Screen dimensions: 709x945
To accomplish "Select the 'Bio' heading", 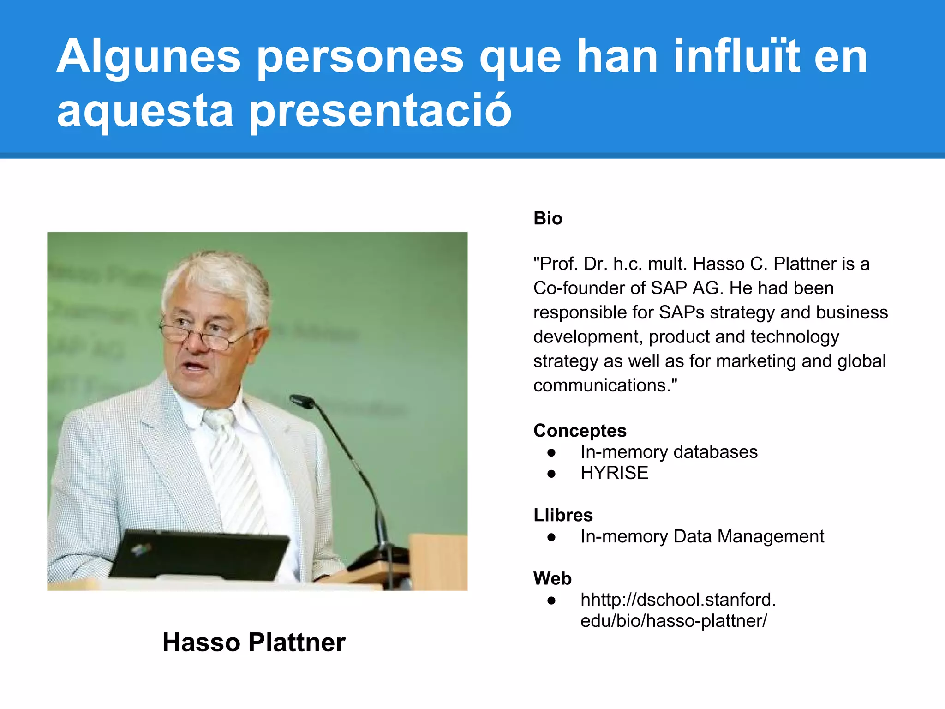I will [x=548, y=218].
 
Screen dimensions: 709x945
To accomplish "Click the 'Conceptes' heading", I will [x=580, y=430].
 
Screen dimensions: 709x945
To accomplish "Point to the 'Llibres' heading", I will [x=563, y=515].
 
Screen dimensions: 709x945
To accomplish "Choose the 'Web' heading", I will [x=552, y=578].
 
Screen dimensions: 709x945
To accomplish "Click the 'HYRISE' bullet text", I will [x=614, y=473].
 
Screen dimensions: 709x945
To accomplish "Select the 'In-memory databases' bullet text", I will [x=669, y=452].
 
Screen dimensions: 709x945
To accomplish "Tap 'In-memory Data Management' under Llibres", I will [x=702, y=536].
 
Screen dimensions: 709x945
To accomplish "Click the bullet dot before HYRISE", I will [x=551, y=474].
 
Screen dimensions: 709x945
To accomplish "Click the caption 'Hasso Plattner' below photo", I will [x=254, y=642].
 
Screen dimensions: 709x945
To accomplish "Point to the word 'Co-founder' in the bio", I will [x=581, y=288].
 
